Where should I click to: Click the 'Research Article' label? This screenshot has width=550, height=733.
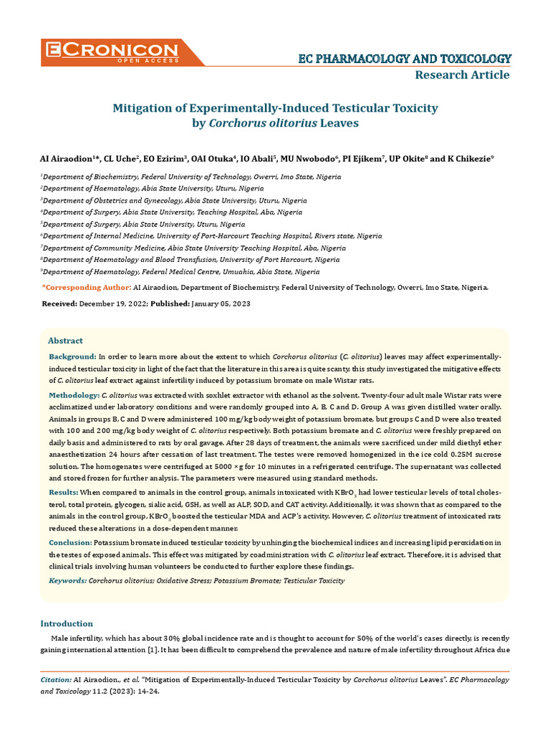pos(463,75)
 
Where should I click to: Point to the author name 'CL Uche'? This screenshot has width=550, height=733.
pos(121,158)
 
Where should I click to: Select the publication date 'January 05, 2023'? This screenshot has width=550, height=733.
pos(221,304)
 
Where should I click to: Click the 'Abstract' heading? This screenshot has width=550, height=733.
pos(65,341)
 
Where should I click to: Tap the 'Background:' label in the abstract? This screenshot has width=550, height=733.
pos(72,356)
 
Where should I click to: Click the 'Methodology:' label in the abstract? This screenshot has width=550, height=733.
pos(74,395)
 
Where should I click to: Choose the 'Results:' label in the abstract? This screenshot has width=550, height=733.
pos(63,493)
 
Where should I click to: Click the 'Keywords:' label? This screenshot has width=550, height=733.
pos(67,581)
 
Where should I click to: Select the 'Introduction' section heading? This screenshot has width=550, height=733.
pos(67,623)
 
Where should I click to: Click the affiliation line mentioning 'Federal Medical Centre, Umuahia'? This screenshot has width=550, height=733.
pos(180,272)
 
